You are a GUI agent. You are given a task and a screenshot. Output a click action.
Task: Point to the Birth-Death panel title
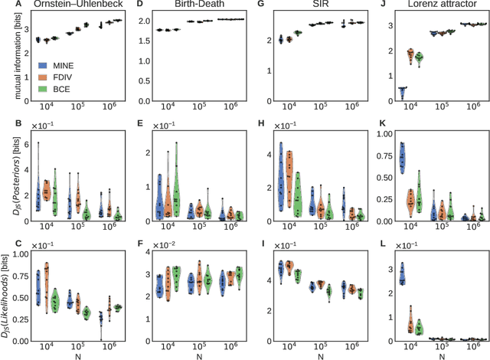tap(187, 5)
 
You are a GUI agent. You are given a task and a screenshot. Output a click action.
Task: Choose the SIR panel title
tap(304, 5)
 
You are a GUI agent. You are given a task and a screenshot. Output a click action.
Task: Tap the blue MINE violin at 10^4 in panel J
tap(400, 93)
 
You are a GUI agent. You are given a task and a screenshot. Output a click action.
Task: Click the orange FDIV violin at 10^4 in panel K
tap(410, 198)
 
